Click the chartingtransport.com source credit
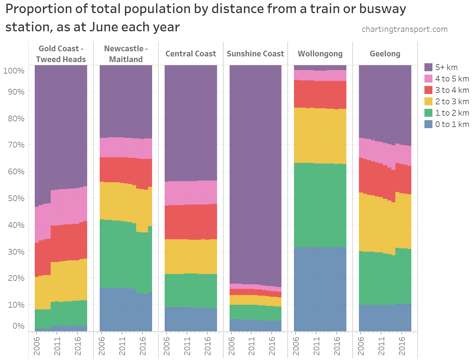404,29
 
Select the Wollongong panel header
320,54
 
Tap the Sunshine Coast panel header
255,54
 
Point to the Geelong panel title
385,54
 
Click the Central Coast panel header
191,54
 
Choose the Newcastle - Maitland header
126,54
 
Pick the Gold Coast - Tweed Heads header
61,54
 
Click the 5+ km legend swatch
428,67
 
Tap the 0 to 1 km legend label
452,124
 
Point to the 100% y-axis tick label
14,71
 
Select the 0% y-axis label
19,326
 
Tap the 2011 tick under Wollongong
316,346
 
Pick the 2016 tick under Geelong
402,346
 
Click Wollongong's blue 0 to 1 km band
320,289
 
